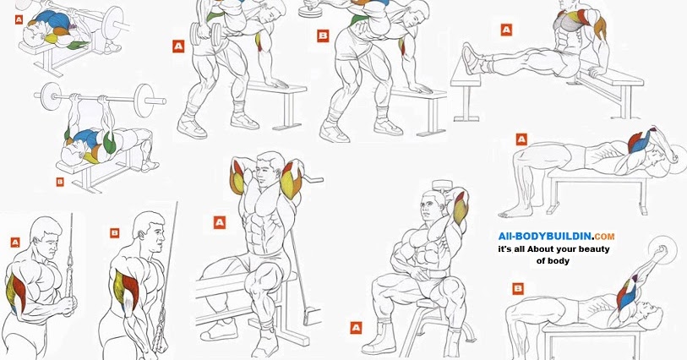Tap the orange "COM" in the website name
click(x=604, y=237)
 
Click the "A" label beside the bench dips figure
click(x=506, y=30)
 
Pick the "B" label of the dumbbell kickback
click(x=323, y=35)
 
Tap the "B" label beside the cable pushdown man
click(x=115, y=232)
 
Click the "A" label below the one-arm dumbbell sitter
click(x=355, y=326)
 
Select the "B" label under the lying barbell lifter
click(x=60, y=181)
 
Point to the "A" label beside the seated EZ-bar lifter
click(x=219, y=222)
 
